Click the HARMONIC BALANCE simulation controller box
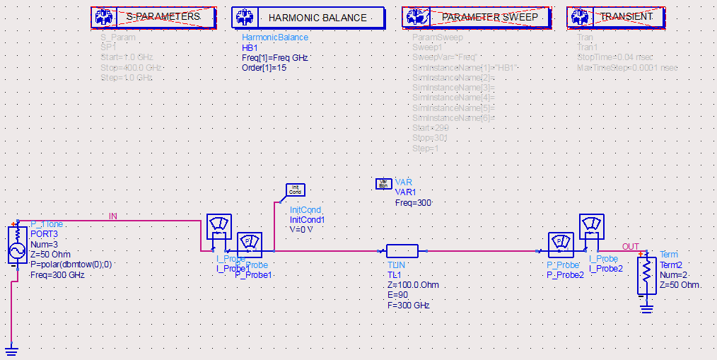point(308,17)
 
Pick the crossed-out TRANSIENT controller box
point(614,17)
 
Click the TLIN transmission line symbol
point(402,250)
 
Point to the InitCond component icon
point(295,190)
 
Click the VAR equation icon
point(383,184)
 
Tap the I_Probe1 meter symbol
point(218,227)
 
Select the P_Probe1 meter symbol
point(250,244)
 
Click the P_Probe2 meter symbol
point(561,244)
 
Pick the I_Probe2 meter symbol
point(591,227)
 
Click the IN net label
point(113,216)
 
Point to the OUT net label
point(630,247)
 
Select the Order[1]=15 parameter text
point(264,68)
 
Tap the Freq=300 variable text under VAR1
point(414,203)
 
